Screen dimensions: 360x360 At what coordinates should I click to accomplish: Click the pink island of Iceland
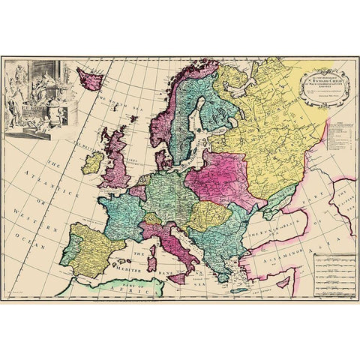(x=89, y=78)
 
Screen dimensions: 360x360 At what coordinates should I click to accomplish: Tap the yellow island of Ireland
(x=92, y=162)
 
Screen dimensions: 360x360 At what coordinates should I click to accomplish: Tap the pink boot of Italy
(x=177, y=248)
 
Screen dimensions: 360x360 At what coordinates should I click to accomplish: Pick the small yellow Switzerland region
(x=153, y=219)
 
